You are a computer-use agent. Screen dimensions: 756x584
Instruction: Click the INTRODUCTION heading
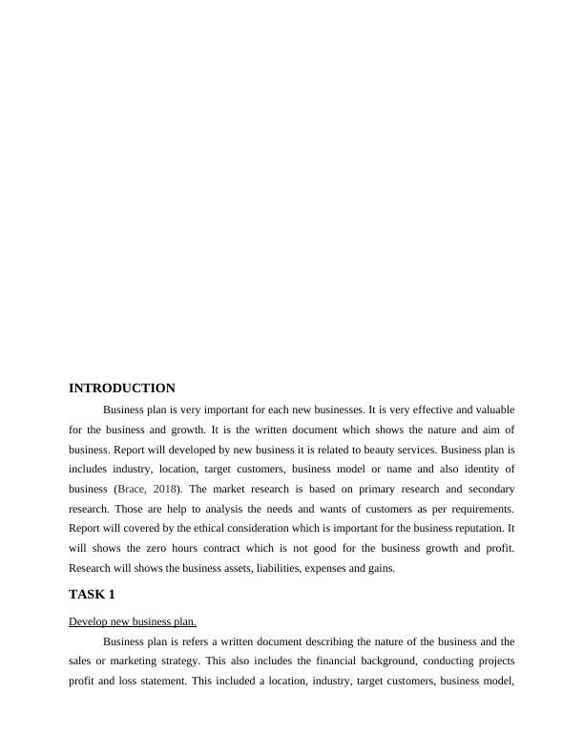tap(122, 388)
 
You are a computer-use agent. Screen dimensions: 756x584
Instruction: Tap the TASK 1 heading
tap(92, 594)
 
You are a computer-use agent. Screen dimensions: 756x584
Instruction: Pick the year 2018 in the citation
tap(160, 489)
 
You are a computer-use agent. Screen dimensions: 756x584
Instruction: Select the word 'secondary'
tap(489, 489)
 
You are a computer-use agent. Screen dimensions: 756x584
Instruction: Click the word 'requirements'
tap(480, 509)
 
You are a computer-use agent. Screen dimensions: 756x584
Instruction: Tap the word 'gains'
tap(379, 568)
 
